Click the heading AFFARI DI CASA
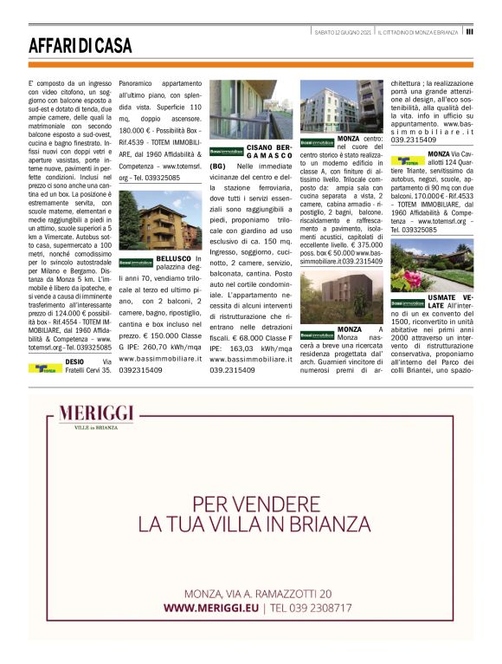tap(80, 45)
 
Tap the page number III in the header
tap(468, 31)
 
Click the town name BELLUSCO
tap(176, 259)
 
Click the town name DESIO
tap(75, 361)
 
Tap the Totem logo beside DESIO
tap(44, 367)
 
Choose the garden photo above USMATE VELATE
tap(431, 265)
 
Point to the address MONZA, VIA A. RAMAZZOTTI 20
tap(257, 593)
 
